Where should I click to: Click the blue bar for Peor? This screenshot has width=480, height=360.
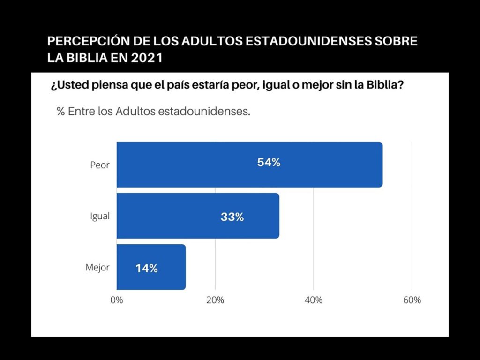(x=249, y=165)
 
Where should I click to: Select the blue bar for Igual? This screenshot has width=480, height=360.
(x=198, y=216)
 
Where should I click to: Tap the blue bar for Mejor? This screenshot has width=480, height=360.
(x=151, y=267)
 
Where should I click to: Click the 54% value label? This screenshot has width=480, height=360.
(x=269, y=163)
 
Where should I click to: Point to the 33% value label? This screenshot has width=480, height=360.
(x=232, y=217)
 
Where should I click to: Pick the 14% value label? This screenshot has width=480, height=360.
(x=146, y=269)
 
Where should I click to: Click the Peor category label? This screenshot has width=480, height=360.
(x=100, y=165)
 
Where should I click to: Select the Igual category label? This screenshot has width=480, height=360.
(x=100, y=217)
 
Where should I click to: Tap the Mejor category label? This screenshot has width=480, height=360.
(x=97, y=268)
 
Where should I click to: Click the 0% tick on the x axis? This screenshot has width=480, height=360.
(x=116, y=300)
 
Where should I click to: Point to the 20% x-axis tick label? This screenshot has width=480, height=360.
(x=215, y=300)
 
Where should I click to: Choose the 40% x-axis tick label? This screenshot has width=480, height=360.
(x=314, y=300)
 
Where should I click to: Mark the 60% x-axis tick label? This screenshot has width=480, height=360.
(x=412, y=300)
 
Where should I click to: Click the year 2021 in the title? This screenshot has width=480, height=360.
(x=148, y=58)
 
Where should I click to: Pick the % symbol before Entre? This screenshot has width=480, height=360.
(x=60, y=112)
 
